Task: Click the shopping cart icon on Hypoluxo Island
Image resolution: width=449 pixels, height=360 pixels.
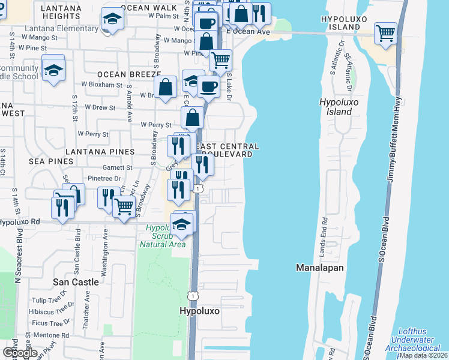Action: click(385, 33)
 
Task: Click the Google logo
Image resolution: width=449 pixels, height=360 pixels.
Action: click(20, 353)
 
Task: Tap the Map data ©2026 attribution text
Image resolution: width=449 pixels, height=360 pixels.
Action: click(423, 355)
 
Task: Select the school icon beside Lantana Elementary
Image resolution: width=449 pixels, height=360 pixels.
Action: click(112, 20)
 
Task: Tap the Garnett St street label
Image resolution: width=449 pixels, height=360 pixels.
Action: click(118, 168)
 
